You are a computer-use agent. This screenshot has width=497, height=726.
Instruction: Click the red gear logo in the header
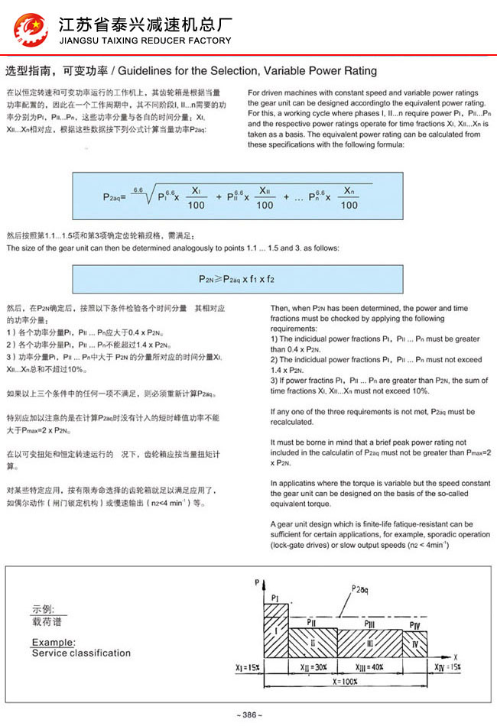pos(31,30)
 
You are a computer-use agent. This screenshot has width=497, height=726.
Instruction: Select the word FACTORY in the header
pos(205,41)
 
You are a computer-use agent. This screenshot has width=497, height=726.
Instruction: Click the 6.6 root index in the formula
pos(138,188)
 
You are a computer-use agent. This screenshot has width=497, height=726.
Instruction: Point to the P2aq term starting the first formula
pos(114,197)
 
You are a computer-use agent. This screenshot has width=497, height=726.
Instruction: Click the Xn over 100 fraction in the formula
pos(349,197)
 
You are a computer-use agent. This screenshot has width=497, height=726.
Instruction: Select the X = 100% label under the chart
pos(347,679)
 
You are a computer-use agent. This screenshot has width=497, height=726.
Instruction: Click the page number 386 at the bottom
pos(249,715)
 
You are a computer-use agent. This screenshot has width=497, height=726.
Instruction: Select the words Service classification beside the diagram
pos(81,653)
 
